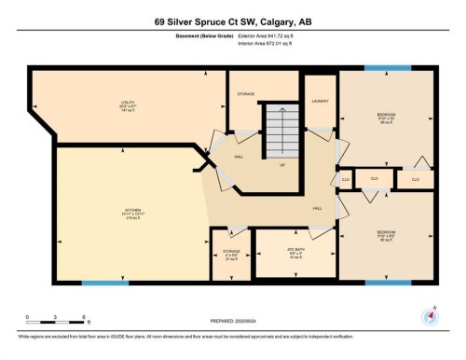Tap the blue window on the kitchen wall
pyautogui.click(x=104, y=283)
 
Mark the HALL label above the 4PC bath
pyautogui.click(x=317, y=207)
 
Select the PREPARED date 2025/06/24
pyautogui.click(x=232, y=323)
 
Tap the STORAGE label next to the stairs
pyautogui.click(x=246, y=94)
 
